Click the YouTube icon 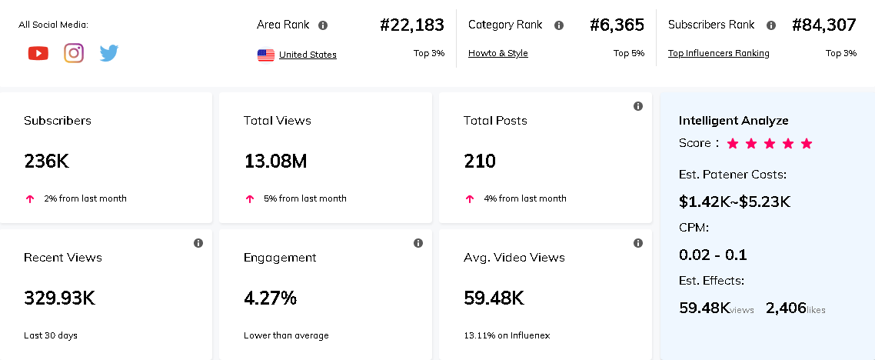coord(38,53)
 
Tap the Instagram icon coord(74,53)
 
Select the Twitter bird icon coord(109,53)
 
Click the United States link coord(308,55)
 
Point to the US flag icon coord(266,55)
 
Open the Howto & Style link coord(497,53)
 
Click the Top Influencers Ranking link coord(718,53)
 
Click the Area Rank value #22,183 coord(412,25)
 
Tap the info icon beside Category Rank coord(559,25)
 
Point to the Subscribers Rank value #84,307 coord(823,25)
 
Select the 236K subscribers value coord(46,162)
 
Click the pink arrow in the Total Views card coord(250,198)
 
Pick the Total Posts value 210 coord(479,162)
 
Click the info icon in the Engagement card coord(418,243)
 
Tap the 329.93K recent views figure coord(59,298)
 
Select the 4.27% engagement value coord(270,298)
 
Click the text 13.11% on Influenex coord(506,335)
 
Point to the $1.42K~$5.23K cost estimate coord(734,202)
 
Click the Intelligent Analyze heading coord(734,121)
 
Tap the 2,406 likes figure coord(786,308)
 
